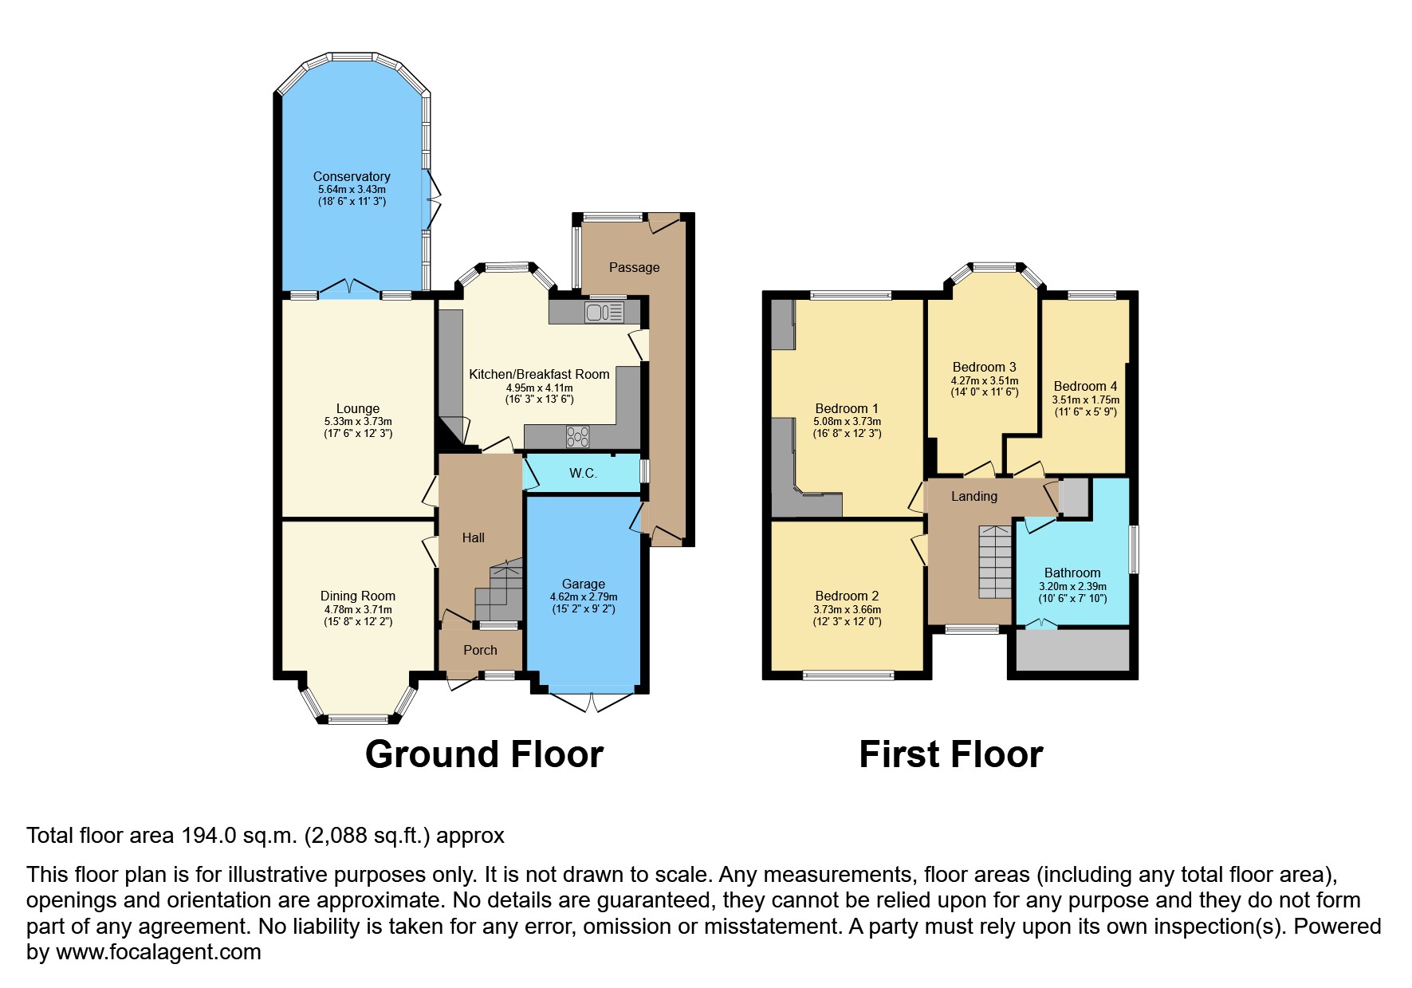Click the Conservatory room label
tap(352, 176)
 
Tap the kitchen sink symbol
tap(604, 313)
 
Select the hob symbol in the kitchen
tap(578, 436)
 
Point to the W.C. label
tap(583, 473)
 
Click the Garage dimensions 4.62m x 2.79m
tap(584, 596)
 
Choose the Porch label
tap(480, 650)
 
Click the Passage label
tap(634, 267)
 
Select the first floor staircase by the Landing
tap(995, 562)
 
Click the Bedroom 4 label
tap(1085, 386)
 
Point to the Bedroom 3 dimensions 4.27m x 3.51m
tap(984, 380)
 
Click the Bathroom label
tap(1072, 573)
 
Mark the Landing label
tap(973, 496)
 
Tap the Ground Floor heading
tap(484, 754)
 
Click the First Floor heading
tap(950, 754)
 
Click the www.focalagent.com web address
tap(158, 952)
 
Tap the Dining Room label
tap(357, 596)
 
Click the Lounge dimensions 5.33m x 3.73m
tap(357, 421)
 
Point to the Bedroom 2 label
tap(847, 596)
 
